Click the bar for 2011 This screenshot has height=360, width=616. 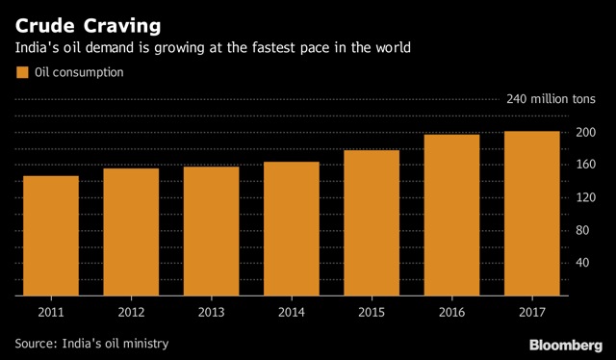(51, 236)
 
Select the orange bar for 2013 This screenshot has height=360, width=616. (212, 231)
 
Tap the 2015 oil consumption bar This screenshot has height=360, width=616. (372, 223)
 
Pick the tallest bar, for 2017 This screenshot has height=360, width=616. (532, 214)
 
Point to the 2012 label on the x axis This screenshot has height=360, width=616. (131, 313)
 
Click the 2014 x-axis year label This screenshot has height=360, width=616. (292, 313)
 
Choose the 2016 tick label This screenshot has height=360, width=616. (451, 313)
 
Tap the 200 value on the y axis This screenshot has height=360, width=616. (586, 133)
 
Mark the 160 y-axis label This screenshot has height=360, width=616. (586, 165)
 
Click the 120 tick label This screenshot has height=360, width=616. (586, 197)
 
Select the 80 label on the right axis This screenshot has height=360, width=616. (582, 230)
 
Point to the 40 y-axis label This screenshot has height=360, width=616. (582, 263)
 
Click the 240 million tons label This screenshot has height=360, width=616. (551, 99)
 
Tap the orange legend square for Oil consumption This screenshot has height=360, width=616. (22, 73)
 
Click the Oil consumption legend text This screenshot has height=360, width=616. (79, 73)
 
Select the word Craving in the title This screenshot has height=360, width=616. (122, 26)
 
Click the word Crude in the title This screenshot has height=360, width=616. (45, 26)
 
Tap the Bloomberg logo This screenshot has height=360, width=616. (566, 346)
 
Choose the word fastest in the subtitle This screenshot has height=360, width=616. (274, 47)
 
